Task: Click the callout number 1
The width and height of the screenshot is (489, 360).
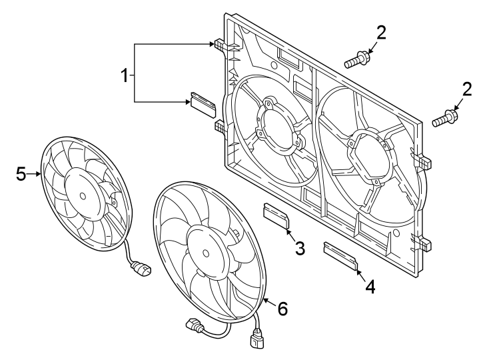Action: [x=124, y=76]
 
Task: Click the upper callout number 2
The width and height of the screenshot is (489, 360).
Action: [x=380, y=31]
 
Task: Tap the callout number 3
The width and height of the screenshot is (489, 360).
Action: [x=300, y=249]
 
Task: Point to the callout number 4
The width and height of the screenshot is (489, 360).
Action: [x=370, y=287]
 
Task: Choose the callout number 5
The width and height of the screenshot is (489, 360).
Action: [x=21, y=175]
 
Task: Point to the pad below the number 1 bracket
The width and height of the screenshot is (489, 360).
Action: [x=203, y=102]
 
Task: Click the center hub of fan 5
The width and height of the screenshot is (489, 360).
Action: [x=82, y=196]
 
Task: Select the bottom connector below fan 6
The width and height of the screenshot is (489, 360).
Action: [x=258, y=342]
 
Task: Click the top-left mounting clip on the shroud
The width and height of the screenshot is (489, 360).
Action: [x=219, y=45]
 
